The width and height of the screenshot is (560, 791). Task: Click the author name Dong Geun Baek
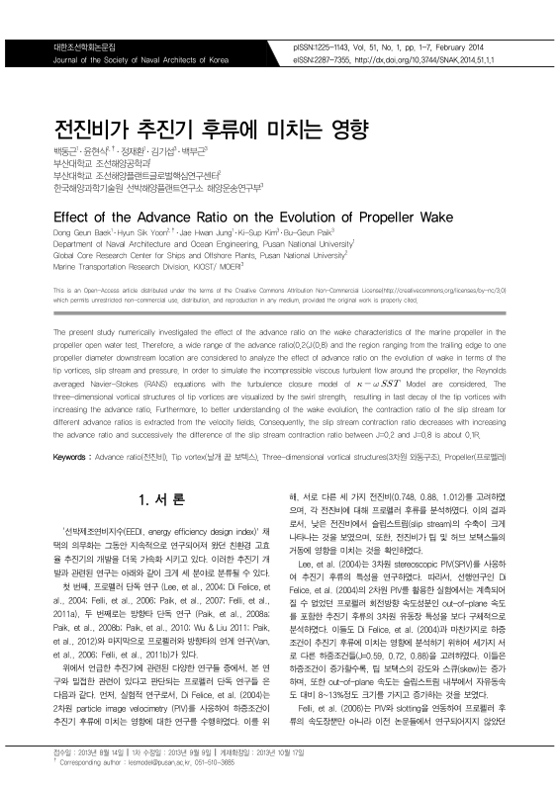[82, 233]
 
